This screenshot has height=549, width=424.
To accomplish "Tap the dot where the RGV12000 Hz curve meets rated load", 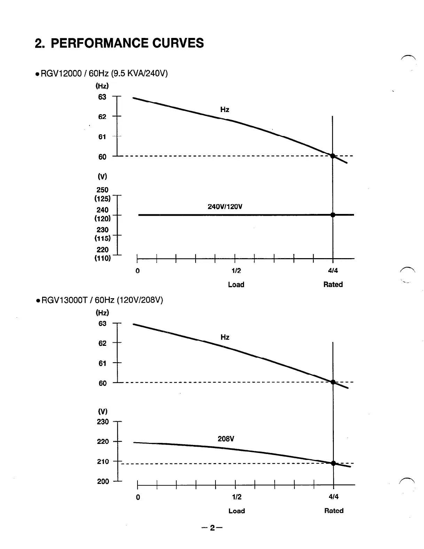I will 333,156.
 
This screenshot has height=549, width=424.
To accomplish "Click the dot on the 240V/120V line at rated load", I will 333,215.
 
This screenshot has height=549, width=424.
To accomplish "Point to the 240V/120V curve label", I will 225,207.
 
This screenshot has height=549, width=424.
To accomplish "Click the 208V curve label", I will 226,439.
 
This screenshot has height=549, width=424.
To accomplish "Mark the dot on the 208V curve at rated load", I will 333,463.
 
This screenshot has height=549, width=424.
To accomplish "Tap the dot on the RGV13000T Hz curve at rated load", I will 333,382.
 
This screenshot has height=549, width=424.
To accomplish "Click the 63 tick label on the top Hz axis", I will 102,97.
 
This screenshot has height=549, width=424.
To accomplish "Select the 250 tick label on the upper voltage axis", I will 102,190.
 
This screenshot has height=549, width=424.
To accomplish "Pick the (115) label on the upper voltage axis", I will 102,238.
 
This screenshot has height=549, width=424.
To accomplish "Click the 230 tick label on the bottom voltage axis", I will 103,422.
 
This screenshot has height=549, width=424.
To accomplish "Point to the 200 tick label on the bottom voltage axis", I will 103,482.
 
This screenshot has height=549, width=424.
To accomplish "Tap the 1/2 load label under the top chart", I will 236,271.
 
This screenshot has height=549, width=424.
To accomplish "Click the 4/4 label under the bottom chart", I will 333,497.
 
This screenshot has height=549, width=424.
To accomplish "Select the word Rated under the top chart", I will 333,285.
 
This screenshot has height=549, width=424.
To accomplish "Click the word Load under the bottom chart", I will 237,511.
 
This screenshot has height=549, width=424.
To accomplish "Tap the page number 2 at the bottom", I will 212,528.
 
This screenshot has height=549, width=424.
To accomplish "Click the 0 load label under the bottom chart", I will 138,497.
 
